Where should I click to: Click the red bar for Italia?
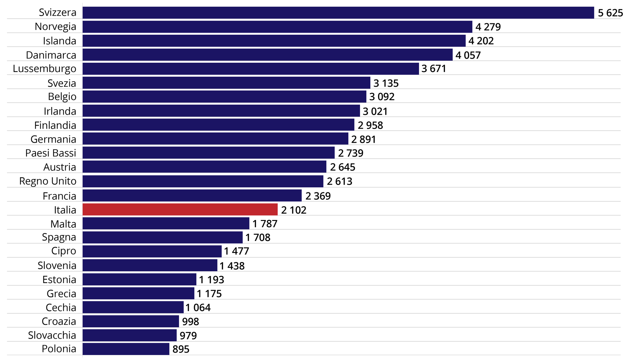[x=180, y=209]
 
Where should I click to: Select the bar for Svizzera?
[x=338, y=13]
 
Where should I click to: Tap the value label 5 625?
[x=610, y=13]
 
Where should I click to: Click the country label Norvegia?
[x=55, y=27]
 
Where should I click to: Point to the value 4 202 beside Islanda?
[x=481, y=41]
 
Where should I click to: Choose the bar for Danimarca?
[x=267, y=55]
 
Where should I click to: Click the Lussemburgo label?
[x=44, y=69]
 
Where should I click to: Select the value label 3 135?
[x=386, y=83]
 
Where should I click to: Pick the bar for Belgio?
[x=224, y=97]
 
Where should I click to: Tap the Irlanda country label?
[x=60, y=111]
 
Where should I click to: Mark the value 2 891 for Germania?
[x=363, y=139]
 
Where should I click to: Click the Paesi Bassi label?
[x=51, y=153]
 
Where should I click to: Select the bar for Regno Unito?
[x=203, y=181]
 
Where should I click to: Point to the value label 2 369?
[x=318, y=196]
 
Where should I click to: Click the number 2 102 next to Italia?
[x=293, y=210]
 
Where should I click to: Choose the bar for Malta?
[x=166, y=223]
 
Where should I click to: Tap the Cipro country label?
[x=64, y=251]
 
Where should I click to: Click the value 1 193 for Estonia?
[x=211, y=280]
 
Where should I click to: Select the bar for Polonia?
[x=126, y=349]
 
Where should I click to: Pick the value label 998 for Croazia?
[x=190, y=322]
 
